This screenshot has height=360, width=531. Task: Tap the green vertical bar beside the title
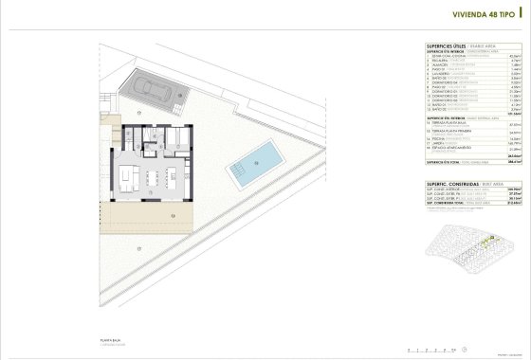coord(520,14)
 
